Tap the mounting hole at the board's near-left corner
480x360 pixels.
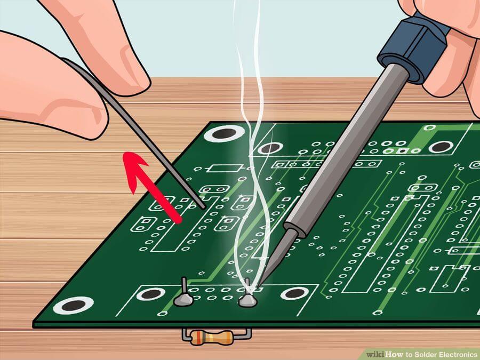(x=73, y=305)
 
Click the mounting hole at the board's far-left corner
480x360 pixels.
(x=225, y=133)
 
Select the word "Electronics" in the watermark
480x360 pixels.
(x=459, y=355)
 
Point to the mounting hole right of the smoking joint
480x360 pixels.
(x=294, y=293)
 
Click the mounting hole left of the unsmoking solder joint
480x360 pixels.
(x=150, y=294)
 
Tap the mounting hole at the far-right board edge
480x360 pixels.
(x=441, y=147)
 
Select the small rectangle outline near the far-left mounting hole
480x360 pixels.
(x=225, y=169)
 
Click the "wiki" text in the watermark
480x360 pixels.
(x=375, y=355)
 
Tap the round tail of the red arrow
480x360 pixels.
(x=177, y=219)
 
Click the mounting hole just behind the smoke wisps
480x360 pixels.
(x=270, y=148)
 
